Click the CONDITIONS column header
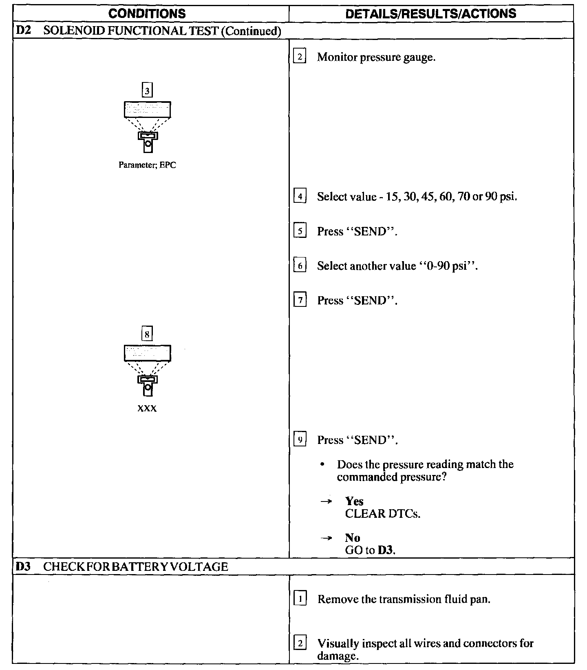(x=147, y=14)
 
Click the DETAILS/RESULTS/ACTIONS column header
(x=430, y=14)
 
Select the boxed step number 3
(x=147, y=90)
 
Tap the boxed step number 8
(x=147, y=334)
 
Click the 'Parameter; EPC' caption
(x=147, y=165)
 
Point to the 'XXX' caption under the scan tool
(x=147, y=408)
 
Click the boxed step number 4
(x=300, y=197)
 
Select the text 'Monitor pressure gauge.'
(x=376, y=57)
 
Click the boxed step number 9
(x=300, y=440)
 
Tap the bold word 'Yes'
(x=354, y=501)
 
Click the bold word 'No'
(x=352, y=538)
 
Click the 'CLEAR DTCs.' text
(x=382, y=513)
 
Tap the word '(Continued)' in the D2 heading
(x=251, y=31)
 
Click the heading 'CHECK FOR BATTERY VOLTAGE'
(x=135, y=566)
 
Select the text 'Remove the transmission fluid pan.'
(x=404, y=599)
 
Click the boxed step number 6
(x=300, y=266)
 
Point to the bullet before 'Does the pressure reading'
(x=323, y=465)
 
